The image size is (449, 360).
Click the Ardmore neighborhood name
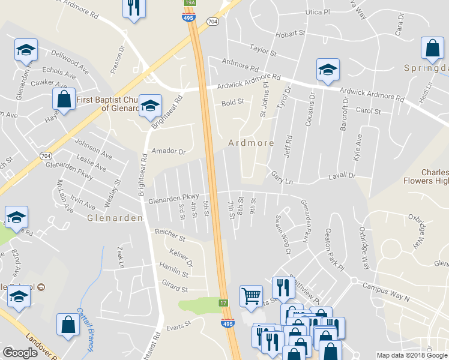[x=251, y=143]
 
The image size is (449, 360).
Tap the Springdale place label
[x=426, y=67]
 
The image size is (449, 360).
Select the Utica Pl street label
[x=318, y=12]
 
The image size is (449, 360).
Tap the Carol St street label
[x=369, y=111]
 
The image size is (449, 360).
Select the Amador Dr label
[x=169, y=152]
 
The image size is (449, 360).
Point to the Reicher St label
[x=170, y=235]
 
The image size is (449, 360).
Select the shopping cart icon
[x=251, y=295]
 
